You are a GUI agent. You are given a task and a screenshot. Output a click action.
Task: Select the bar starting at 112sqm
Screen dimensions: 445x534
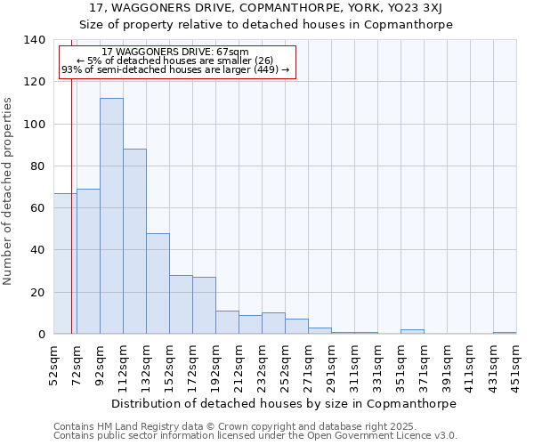coord(134,241)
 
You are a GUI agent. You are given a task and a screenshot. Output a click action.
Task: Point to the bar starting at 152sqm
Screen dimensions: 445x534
coord(181,304)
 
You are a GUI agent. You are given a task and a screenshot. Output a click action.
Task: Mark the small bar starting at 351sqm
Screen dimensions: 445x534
coord(412,332)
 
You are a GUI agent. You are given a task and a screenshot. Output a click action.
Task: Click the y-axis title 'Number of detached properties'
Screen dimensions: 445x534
coord(9,191)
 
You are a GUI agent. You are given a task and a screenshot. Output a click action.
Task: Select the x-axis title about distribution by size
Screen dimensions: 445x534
coord(284,403)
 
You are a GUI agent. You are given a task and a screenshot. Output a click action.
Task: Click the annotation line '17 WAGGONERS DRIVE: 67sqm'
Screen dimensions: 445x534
coord(175,53)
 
